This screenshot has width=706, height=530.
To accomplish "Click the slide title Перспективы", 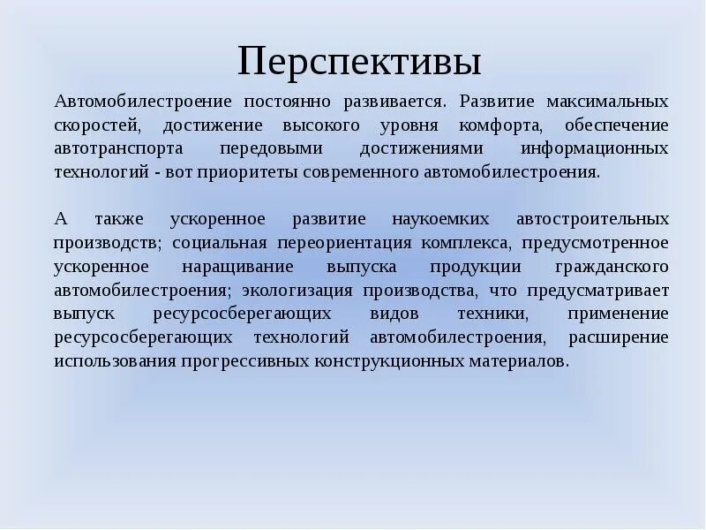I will (x=359, y=63).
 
